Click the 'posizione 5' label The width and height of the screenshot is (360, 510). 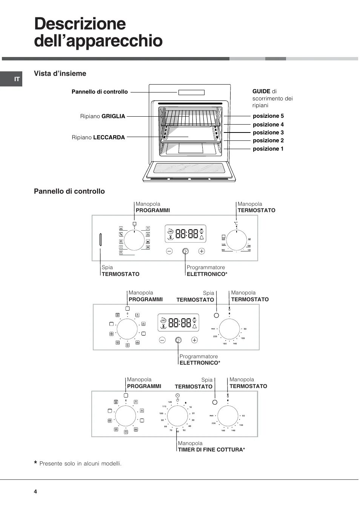coord(268,116)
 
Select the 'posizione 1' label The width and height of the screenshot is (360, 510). coord(268,149)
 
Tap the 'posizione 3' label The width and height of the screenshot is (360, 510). coord(268,133)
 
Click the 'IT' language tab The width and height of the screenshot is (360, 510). coord(17,79)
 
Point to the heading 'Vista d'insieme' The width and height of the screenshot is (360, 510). coord(60,74)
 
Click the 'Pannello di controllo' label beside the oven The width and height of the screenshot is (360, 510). coord(100,92)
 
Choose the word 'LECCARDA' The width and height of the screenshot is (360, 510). coord(109,137)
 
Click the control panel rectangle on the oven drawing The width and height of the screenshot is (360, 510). coord(191,92)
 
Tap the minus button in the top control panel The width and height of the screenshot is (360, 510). coord(169,251)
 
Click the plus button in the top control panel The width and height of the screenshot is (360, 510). coord(202,251)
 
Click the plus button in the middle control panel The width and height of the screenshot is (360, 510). coord(194,340)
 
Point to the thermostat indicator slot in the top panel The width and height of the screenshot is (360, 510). coord(101,240)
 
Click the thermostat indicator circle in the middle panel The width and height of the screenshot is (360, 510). coord(216,315)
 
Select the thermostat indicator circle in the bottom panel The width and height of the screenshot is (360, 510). coord(215,402)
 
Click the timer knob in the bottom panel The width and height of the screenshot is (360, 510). coord(177,416)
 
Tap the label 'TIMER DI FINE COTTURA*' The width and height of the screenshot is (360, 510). coord(211,450)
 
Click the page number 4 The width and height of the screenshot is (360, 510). coord(35,492)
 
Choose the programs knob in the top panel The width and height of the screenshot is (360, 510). coord(134,240)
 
